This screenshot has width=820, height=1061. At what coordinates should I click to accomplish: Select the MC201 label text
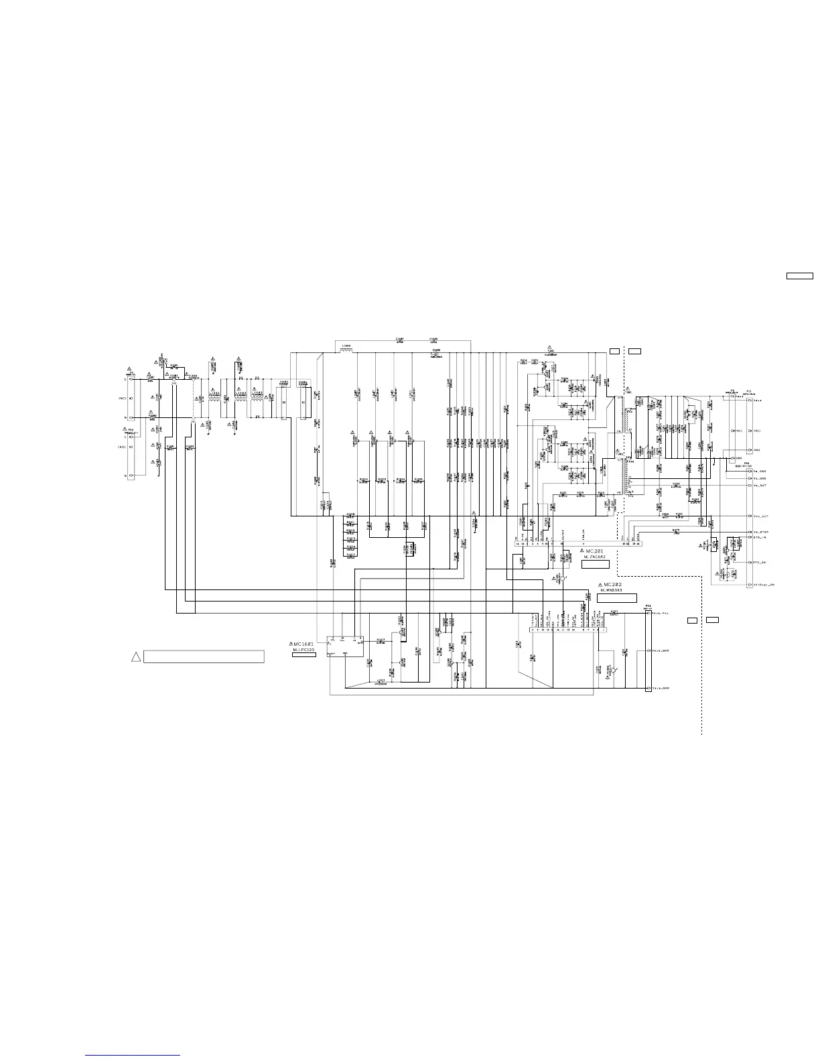pyautogui.click(x=595, y=551)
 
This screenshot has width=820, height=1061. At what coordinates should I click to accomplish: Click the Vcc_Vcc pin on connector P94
pyautogui.click(x=661, y=612)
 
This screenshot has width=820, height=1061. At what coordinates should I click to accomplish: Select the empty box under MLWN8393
pyautogui.click(x=616, y=597)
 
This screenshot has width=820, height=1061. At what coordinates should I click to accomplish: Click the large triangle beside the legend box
pyautogui.click(x=135, y=656)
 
